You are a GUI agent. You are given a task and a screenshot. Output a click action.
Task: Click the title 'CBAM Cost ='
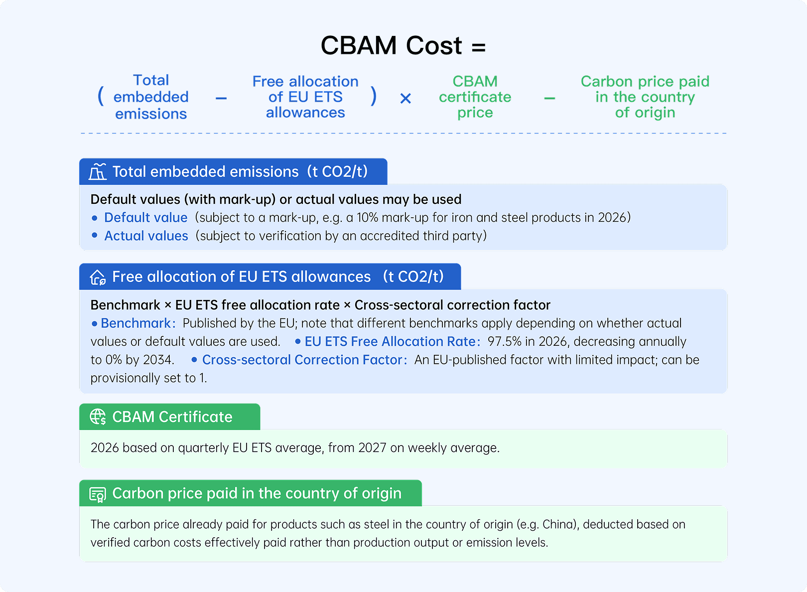403,46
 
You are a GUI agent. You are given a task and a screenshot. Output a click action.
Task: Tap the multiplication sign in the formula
405,99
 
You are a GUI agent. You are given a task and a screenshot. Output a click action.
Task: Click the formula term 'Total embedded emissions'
151,97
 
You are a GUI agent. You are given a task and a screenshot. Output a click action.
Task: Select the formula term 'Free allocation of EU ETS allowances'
305,97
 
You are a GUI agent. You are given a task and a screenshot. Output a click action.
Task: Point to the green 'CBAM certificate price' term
475,97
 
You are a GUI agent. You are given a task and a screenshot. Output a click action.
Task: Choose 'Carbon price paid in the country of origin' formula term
645,97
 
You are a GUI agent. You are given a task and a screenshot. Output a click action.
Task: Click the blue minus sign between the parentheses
221,99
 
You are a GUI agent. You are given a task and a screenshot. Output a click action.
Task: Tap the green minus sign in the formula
549,99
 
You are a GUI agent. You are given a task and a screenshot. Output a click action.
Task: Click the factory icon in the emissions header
98,171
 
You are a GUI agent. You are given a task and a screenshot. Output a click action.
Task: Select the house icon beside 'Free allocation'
98,277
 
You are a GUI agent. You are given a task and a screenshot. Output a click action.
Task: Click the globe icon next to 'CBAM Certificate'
98,417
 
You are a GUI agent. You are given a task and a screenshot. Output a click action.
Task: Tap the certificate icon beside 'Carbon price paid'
98,494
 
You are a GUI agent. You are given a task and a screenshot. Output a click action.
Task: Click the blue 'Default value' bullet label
145,218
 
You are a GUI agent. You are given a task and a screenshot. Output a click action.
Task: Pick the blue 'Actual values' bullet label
146,236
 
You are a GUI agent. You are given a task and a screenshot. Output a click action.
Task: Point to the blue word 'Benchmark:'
138,323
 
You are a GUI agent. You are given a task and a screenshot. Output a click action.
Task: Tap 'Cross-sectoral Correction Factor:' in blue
304,360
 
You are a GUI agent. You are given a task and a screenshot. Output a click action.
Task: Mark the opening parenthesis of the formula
101,96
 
